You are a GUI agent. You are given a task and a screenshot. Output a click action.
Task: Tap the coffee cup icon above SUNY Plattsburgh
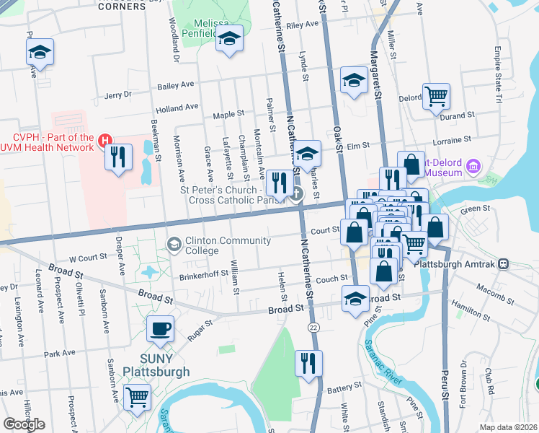coord(160,329)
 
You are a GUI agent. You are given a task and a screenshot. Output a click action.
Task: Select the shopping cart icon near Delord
coord(436,96)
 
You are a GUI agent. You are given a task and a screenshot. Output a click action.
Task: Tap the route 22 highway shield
coord(311,328)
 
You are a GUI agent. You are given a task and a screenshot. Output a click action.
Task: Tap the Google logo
coord(24,424)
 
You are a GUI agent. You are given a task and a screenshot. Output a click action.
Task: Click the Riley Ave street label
coord(302,25)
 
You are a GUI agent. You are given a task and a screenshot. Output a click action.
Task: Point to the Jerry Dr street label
coord(118,95)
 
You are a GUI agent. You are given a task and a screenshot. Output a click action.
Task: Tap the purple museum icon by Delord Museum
coord(473,167)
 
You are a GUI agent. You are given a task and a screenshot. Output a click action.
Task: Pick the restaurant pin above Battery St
coord(308,363)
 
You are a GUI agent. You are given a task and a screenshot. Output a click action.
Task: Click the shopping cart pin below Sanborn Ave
coord(137,396)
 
